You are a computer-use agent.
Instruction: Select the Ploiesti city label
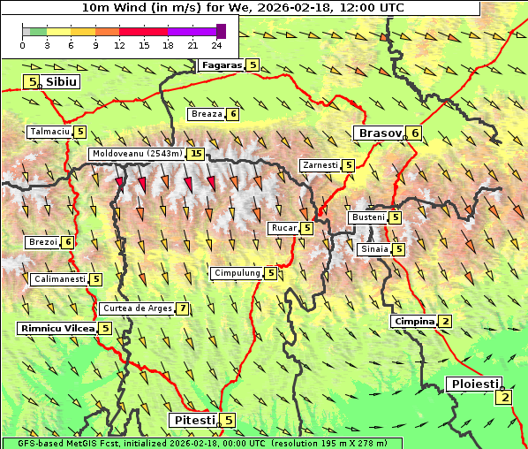(475, 384)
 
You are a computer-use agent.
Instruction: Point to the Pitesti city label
(193, 420)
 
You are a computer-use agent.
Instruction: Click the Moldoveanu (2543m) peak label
(137, 154)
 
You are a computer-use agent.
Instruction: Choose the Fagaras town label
(221, 65)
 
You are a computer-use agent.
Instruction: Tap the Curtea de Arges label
(136, 308)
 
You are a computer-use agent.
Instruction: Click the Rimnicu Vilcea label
(57, 328)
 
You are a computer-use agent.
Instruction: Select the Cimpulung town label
(237, 273)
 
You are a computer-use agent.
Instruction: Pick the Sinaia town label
(373, 249)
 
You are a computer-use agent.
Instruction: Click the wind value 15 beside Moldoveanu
(196, 154)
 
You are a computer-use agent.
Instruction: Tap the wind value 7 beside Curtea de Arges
(182, 308)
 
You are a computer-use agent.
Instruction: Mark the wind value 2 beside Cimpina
(446, 321)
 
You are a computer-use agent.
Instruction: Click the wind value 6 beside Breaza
(233, 113)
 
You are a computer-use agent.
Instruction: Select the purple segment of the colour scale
(192, 31)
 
